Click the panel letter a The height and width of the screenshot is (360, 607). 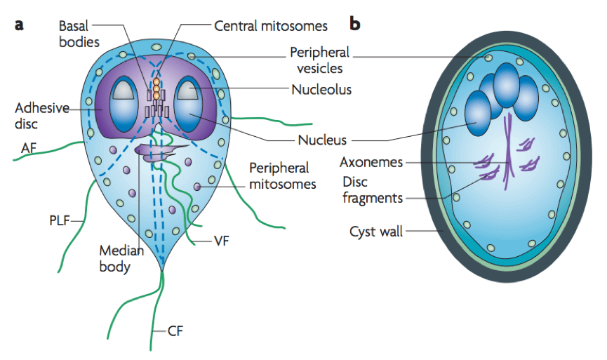tap(20, 24)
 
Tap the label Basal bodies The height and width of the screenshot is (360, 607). tap(79, 32)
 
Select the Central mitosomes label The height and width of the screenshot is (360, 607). tap(270, 26)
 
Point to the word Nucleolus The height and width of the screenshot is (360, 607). tap(321, 90)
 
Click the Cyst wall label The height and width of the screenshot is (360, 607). tap(375, 232)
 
